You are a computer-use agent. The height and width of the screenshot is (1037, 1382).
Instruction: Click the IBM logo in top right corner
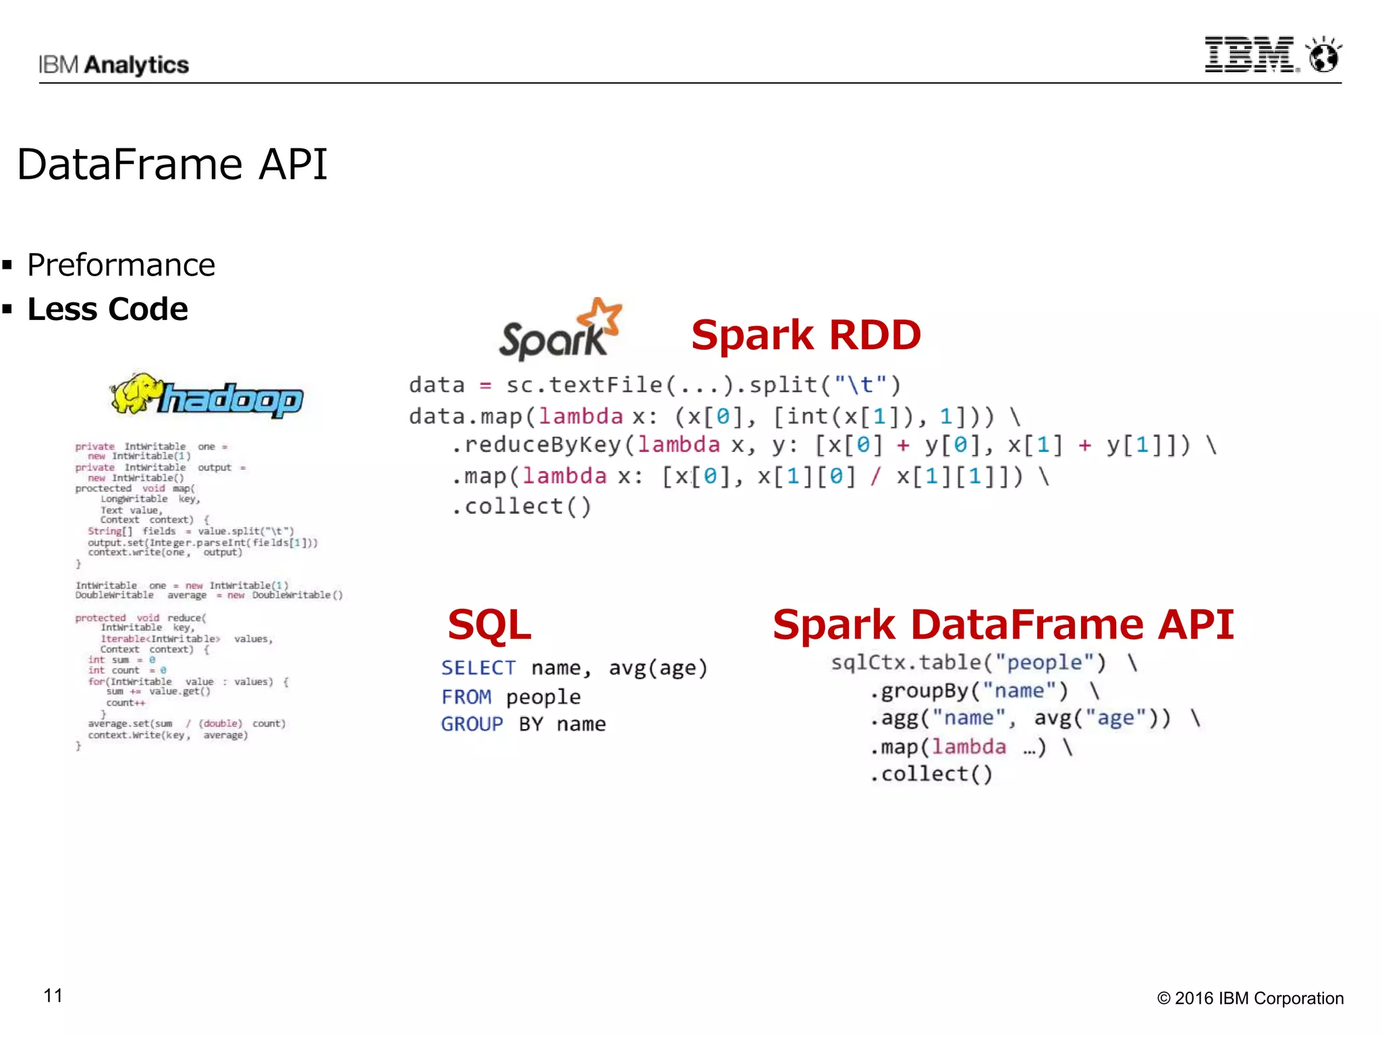(1250, 55)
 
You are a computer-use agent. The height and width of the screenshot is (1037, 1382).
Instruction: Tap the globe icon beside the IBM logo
(1323, 55)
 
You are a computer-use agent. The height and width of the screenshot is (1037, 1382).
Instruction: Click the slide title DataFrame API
(172, 164)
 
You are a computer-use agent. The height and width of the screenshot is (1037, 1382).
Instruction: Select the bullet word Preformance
(121, 265)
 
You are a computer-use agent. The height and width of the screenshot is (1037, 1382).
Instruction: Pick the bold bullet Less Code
(107, 309)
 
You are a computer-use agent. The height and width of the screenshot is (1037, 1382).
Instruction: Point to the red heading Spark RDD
(806, 335)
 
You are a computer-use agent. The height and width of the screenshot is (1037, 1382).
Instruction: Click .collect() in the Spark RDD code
(522, 506)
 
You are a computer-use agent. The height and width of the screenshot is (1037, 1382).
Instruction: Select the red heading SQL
(489, 624)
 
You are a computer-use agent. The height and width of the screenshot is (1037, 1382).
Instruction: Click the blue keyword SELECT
(478, 668)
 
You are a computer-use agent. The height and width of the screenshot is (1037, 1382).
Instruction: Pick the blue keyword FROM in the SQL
(466, 697)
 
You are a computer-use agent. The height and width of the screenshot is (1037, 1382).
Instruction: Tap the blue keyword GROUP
(472, 724)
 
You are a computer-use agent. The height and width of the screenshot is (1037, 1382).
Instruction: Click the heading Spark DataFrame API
(1003, 624)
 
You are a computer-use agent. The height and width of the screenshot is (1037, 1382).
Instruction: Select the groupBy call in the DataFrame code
(969, 691)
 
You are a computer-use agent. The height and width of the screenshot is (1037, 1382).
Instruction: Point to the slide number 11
(53, 996)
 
